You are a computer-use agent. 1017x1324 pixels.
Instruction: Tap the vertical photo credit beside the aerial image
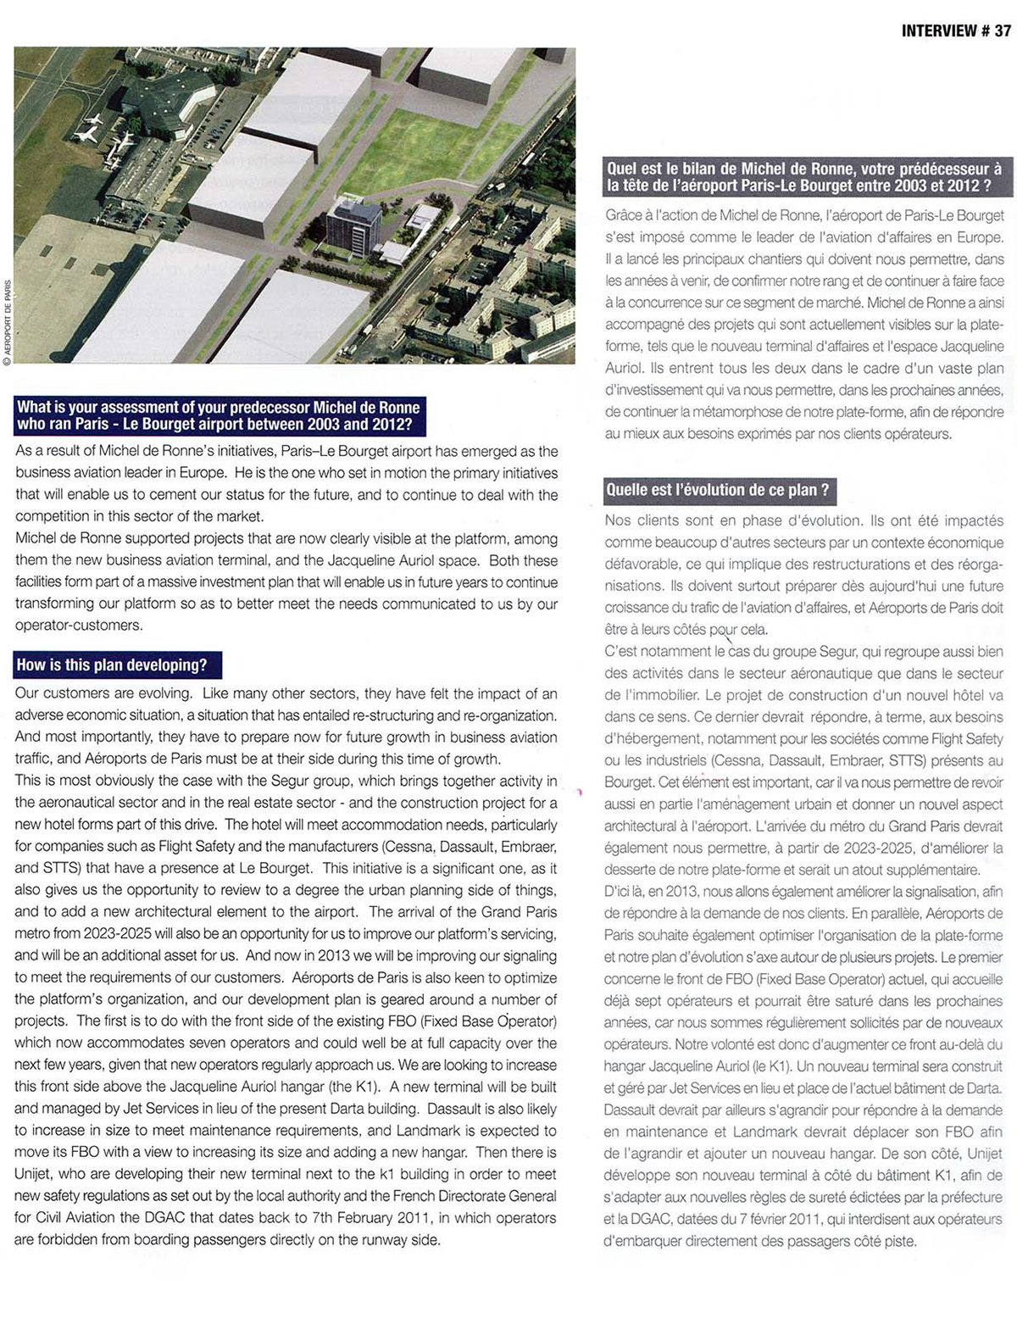click(x=7, y=322)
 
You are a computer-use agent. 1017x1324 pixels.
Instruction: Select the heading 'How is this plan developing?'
click(x=111, y=665)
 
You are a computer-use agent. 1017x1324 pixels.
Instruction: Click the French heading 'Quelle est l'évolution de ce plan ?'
click(x=717, y=490)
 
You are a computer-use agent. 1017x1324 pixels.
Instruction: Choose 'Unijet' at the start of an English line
click(x=36, y=1175)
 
